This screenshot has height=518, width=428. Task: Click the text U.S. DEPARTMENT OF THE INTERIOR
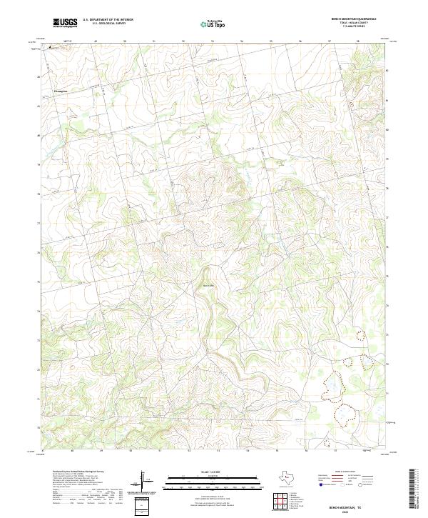tap(108, 21)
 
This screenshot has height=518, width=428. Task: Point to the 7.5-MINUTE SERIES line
tap(355, 28)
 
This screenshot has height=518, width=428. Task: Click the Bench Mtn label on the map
tap(209, 284)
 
